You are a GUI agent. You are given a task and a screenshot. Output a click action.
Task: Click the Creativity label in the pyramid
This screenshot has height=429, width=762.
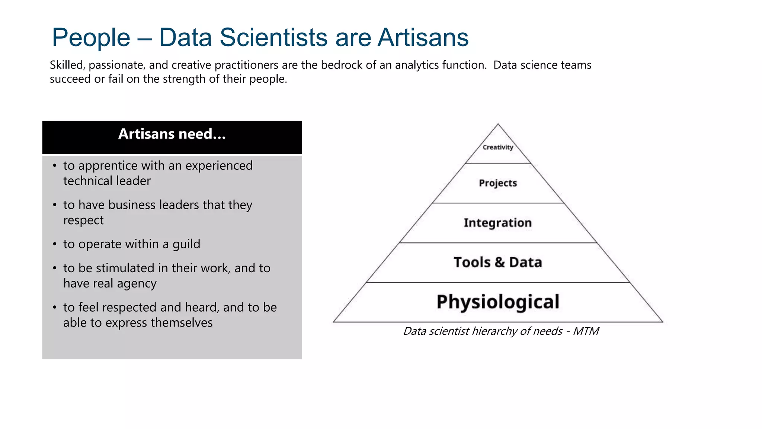pos(498,147)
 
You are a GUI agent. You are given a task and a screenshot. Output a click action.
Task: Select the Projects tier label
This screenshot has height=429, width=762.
pos(498,183)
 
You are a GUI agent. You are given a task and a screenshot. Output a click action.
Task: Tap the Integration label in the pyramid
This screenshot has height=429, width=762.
pos(497,223)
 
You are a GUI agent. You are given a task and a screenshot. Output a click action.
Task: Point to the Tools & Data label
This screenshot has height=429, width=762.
pos(498,263)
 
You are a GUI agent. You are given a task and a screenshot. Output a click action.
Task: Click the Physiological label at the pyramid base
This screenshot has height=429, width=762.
pos(498,302)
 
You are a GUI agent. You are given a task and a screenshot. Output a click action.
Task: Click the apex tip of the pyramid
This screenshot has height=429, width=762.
pos(498,125)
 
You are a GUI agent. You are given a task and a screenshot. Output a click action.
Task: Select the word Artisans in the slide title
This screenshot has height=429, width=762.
pos(423,38)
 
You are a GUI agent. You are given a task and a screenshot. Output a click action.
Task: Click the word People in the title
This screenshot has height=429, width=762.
pos(91,38)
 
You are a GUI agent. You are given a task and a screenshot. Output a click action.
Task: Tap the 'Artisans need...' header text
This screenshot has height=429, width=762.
pos(172,134)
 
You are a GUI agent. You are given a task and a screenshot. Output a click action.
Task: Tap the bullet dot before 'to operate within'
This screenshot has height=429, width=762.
pos(55,244)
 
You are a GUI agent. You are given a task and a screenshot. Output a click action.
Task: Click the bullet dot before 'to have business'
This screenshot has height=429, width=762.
pos(55,205)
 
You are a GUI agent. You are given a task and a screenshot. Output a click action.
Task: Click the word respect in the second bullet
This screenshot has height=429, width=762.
pos(83,220)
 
